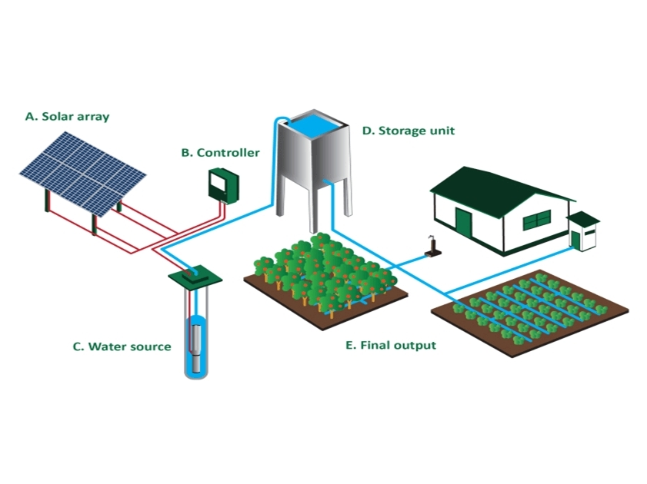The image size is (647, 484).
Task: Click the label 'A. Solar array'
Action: pyautogui.click(x=68, y=117)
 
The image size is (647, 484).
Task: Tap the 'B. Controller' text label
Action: pyautogui.click(x=220, y=152)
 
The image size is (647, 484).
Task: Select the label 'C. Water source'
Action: pyautogui.click(x=122, y=346)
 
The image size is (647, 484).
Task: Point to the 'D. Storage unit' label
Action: pyautogui.click(x=408, y=131)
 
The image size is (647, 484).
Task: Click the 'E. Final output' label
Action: pyautogui.click(x=391, y=346)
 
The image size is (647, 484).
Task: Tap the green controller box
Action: pyautogui.click(x=224, y=185)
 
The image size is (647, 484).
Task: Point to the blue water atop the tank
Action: pyautogui.click(x=311, y=123)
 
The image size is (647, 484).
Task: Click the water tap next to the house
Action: pyautogui.click(x=432, y=247)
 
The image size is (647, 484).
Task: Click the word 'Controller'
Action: pyautogui.click(x=228, y=152)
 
